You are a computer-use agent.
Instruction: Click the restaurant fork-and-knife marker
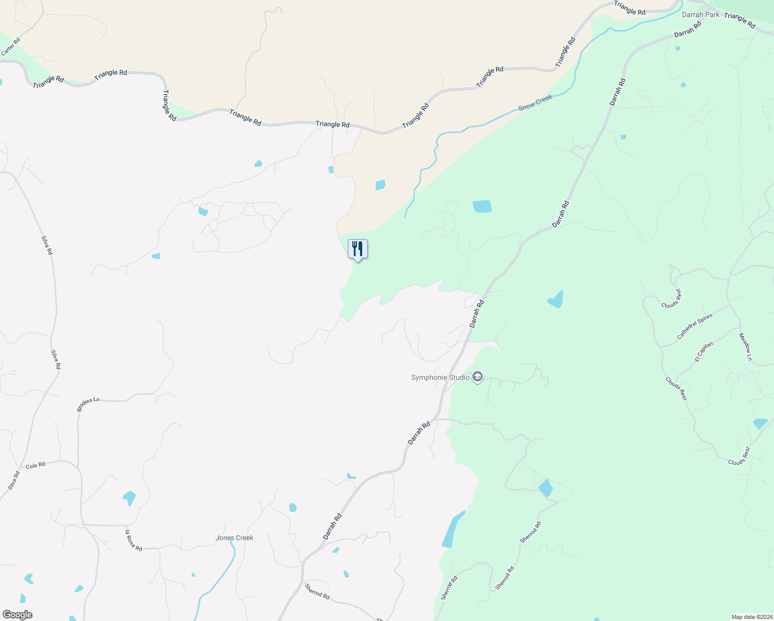click(358, 249)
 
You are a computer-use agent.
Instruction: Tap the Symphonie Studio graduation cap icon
click(478, 377)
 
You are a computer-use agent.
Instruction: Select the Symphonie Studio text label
click(440, 377)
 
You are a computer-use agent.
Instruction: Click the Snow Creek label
click(535, 102)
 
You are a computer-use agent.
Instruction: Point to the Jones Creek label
click(234, 538)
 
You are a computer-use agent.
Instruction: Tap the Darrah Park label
click(701, 14)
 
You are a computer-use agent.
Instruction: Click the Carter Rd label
click(11, 47)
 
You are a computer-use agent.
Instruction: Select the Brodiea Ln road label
click(88, 404)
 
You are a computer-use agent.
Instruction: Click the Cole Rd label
click(36, 466)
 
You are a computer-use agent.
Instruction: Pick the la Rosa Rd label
click(133, 540)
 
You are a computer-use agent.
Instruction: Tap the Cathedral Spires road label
click(694, 327)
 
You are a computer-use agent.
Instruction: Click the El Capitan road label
click(704, 352)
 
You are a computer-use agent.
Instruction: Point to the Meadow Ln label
click(745, 347)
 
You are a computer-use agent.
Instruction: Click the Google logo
click(17, 615)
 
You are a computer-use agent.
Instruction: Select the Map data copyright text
click(751, 617)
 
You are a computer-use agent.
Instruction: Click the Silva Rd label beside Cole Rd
click(14, 481)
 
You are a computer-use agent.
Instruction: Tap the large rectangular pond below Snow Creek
click(482, 206)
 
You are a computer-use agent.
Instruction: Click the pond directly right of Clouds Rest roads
click(760, 423)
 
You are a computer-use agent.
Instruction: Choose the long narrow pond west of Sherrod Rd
click(451, 530)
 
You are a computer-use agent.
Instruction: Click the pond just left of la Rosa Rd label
click(129, 498)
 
